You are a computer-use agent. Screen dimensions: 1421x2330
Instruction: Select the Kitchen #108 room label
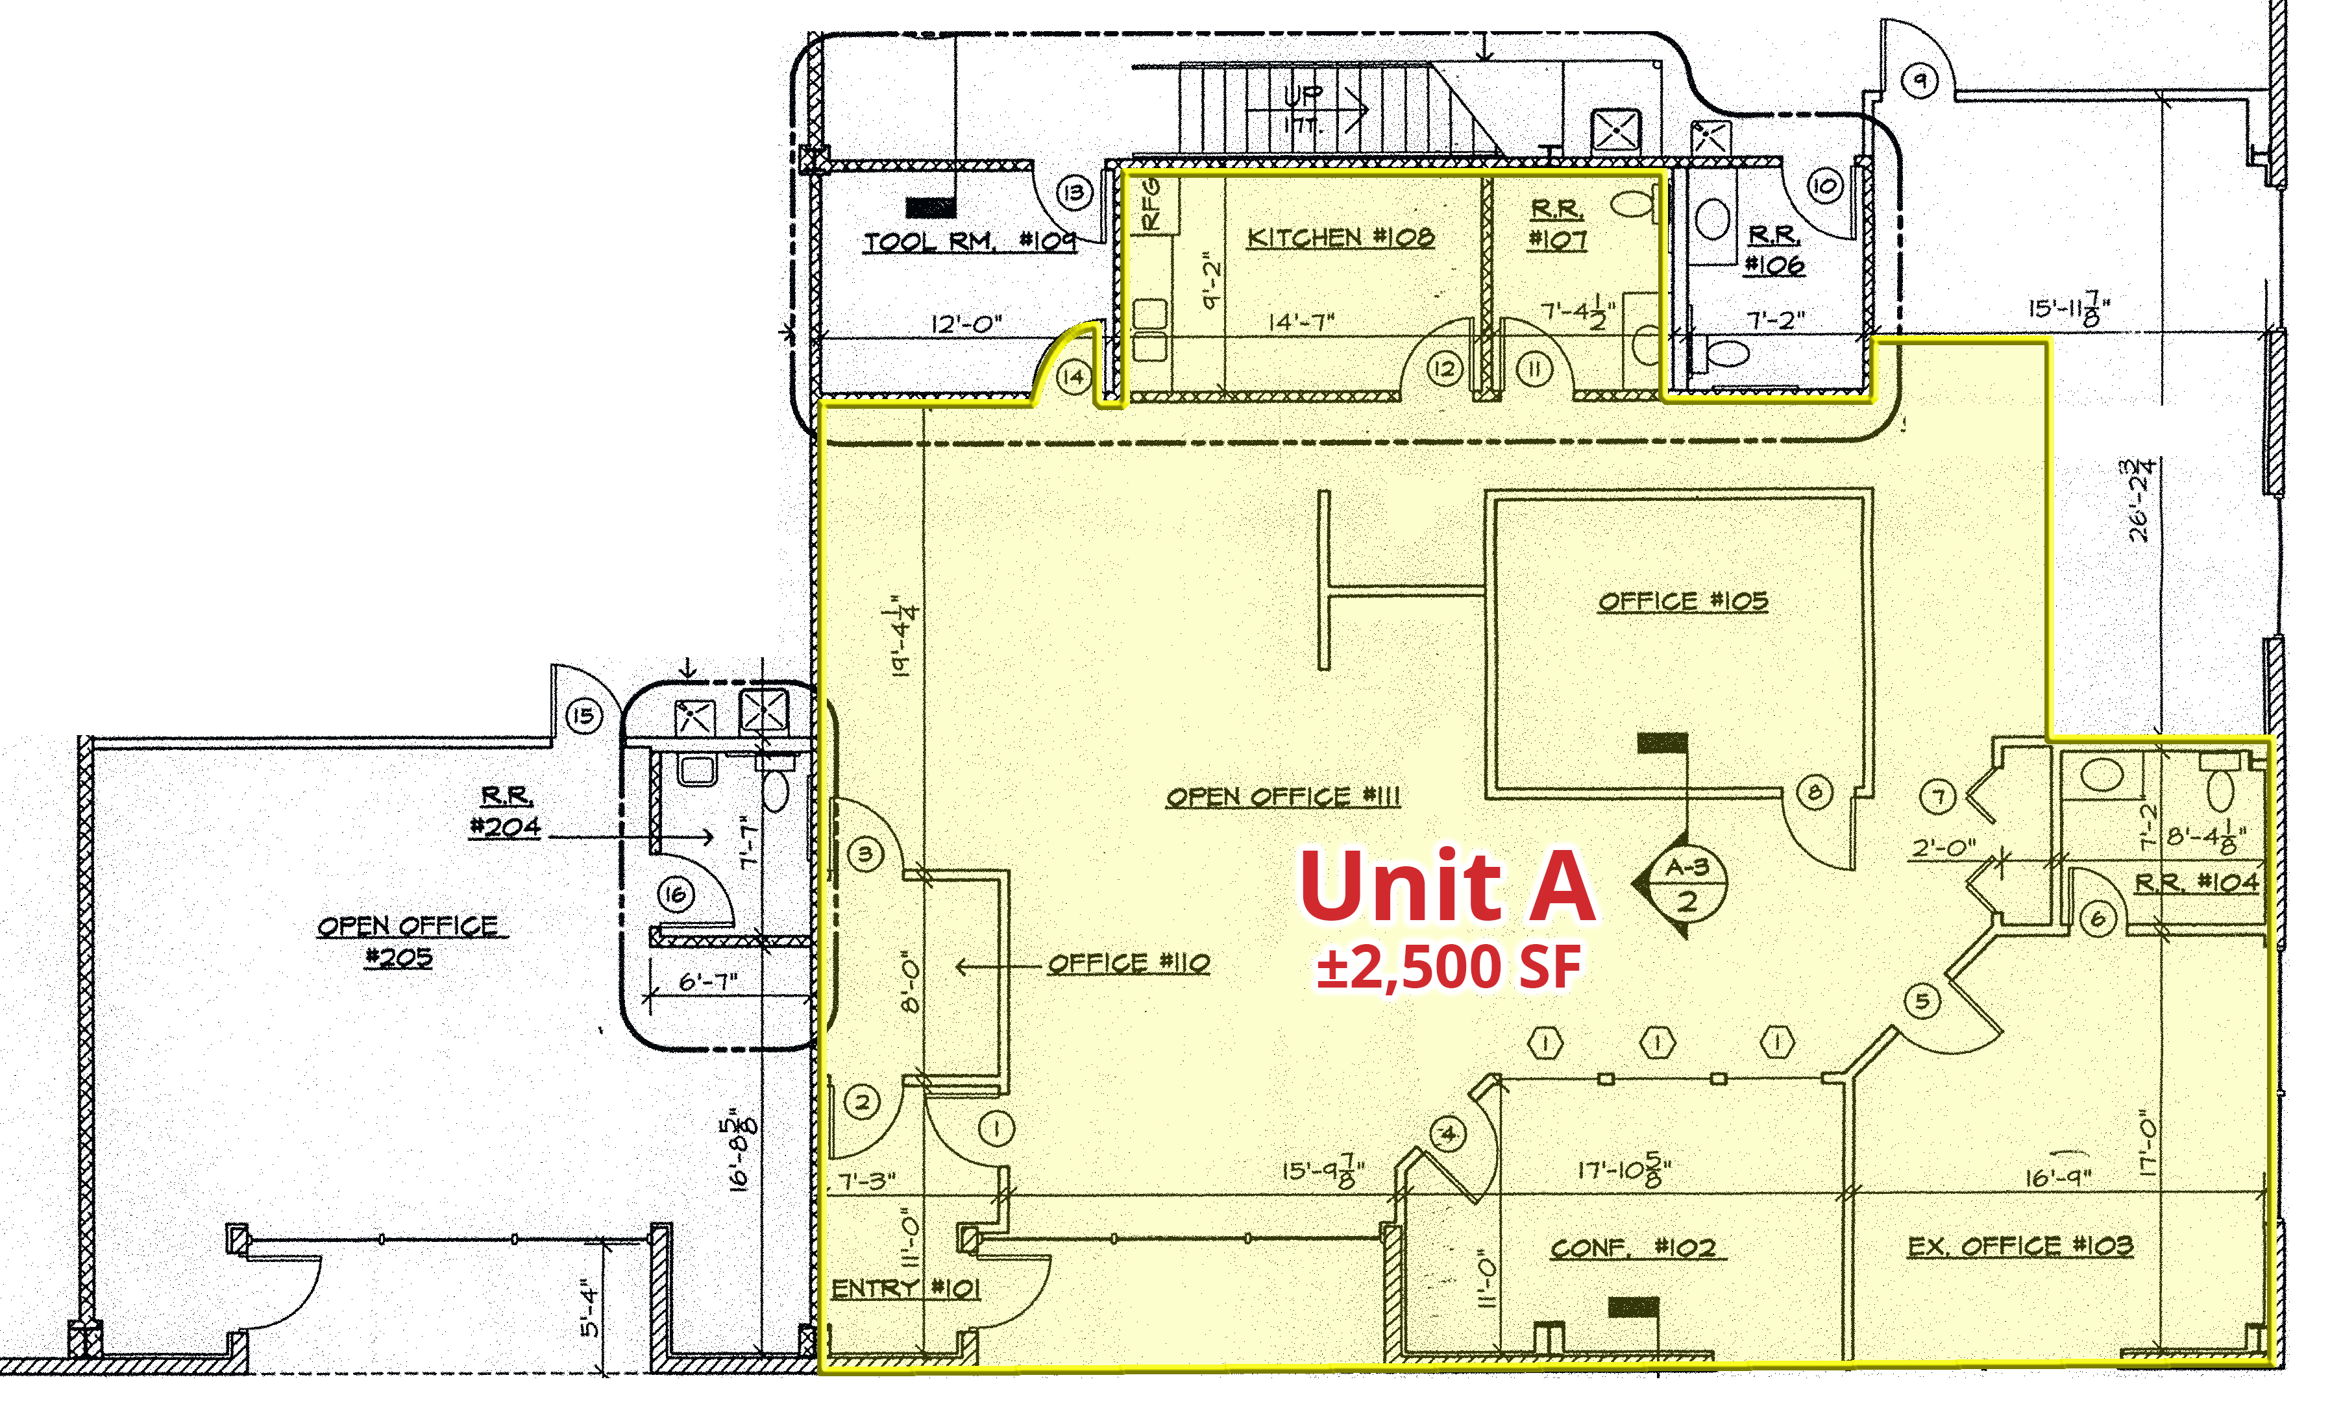(1340, 237)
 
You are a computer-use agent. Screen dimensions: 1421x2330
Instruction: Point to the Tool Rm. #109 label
(969, 242)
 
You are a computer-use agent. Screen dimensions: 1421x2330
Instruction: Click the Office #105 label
(1682, 601)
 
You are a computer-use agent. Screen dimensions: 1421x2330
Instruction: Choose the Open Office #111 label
(1282, 797)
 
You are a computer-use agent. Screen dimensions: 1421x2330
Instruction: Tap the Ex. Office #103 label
(2020, 1246)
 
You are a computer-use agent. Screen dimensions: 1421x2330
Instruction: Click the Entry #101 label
(905, 1289)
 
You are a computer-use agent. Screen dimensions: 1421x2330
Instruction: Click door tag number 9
(1920, 80)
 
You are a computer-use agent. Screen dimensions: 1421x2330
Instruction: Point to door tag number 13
(1073, 193)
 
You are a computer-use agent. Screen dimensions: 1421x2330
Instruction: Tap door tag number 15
(583, 716)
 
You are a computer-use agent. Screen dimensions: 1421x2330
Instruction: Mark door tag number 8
(1813, 792)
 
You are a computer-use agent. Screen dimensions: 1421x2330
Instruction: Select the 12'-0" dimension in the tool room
(966, 324)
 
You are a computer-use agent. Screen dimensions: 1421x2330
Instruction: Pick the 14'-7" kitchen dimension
(1301, 322)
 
